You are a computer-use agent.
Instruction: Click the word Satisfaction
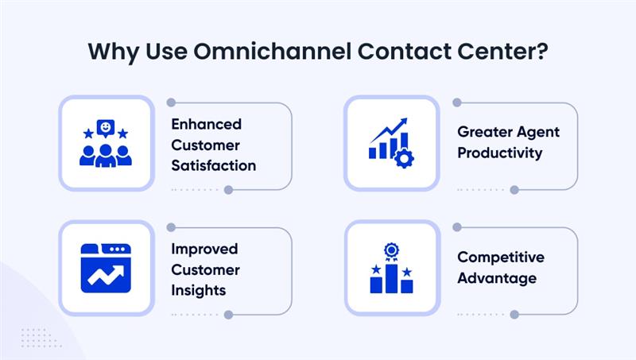click(213, 165)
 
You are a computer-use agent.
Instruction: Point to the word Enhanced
click(206, 125)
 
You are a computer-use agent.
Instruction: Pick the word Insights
click(198, 290)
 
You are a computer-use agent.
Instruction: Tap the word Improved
click(204, 250)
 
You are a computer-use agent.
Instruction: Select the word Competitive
click(501, 257)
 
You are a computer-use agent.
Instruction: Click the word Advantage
click(497, 278)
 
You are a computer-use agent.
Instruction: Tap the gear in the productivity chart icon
click(405, 158)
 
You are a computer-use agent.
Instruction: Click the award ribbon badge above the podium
click(391, 253)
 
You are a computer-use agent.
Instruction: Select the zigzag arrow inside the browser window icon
click(106, 274)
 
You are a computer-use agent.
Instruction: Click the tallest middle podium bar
click(391, 278)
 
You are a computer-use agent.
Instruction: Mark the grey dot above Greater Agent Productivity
click(457, 103)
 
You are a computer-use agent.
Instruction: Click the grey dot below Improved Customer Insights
click(228, 315)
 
